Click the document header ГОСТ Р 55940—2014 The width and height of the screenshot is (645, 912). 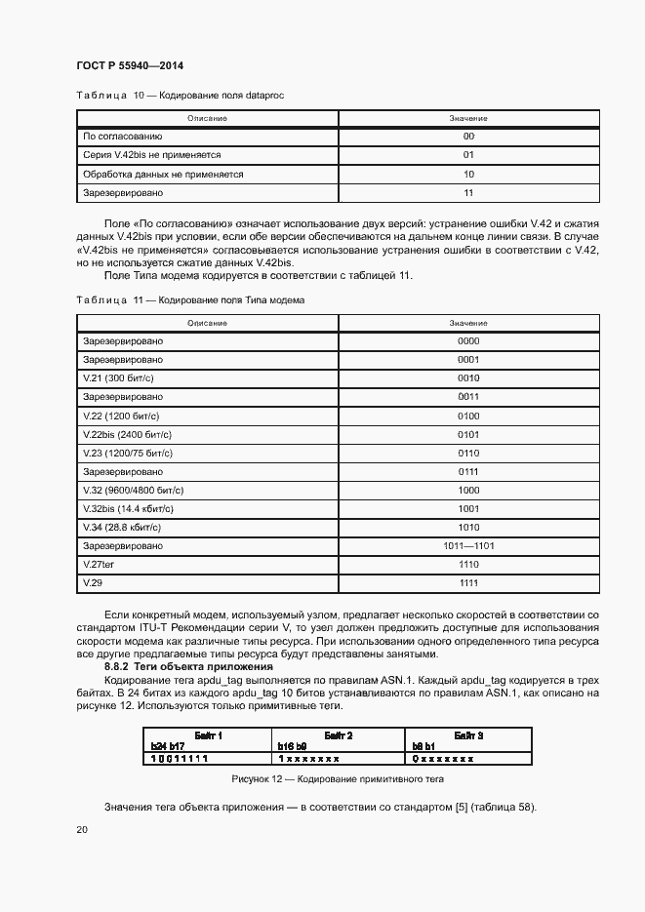[129, 65]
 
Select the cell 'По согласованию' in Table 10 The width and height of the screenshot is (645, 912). [122, 137]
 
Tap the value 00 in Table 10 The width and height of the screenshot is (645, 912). [468, 137]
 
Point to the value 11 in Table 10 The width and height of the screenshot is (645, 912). [468, 192]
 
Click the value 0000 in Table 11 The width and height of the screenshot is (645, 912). [468, 341]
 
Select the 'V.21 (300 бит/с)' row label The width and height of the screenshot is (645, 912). [118, 378]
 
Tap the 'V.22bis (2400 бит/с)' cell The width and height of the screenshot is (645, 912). [127, 434]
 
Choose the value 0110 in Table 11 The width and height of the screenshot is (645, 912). [468, 453]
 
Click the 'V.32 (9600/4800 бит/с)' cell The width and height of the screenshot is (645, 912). [133, 490]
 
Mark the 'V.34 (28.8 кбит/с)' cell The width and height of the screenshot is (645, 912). [123, 527]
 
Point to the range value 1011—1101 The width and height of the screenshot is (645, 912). [468, 545]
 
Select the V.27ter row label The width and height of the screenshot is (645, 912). [100, 565]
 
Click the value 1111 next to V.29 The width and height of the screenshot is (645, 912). [468, 583]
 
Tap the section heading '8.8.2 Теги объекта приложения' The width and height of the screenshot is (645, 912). [189, 665]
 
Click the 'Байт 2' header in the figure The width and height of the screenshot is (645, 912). [336, 734]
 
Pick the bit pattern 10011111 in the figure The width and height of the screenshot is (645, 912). [179, 757]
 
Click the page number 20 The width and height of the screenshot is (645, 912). [81, 829]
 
